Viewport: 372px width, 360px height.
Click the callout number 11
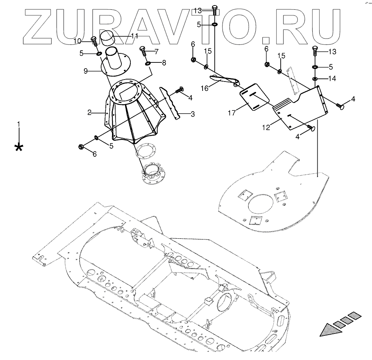pyautogui.click(x=135, y=36)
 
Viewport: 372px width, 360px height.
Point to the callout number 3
pyautogui.click(x=192, y=114)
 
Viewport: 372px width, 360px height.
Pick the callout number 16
pyautogui.click(x=205, y=89)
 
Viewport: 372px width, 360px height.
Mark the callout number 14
pyautogui.click(x=332, y=79)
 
